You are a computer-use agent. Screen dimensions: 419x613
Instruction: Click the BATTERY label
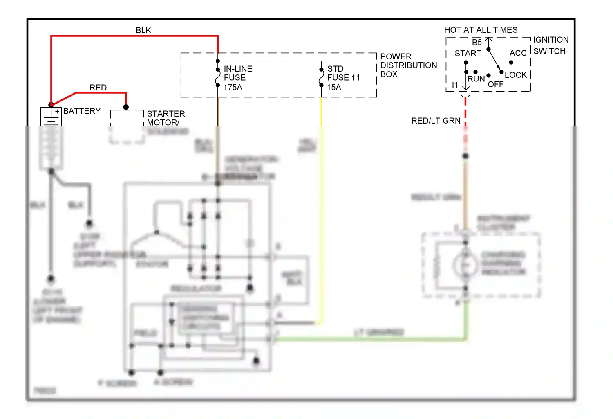pos(82,111)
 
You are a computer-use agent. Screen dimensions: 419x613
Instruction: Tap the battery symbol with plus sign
pos(51,116)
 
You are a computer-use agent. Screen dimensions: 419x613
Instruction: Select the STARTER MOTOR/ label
pos(166,118)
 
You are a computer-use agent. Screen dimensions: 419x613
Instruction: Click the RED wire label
pos(98,88)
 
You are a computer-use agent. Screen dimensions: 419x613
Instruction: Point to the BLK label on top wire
pos(143,30)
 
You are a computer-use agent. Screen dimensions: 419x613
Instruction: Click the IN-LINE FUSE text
pos(238,73)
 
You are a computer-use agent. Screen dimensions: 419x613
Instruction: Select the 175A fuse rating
pos(233,87)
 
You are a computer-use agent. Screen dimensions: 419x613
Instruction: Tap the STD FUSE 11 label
pos(343,73)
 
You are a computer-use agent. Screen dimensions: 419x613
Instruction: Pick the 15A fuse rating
pos(333,87)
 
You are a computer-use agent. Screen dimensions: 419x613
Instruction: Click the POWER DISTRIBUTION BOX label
pos(408,65)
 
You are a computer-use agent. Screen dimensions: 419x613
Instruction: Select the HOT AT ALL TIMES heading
pos(481,30)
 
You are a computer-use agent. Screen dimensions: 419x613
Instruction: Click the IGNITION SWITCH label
pos(550,45)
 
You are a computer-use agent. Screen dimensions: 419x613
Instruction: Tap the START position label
pos(468,54)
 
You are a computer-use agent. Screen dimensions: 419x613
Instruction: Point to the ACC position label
pos(517,53)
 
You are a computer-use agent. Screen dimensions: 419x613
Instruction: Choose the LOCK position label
pos(515,75)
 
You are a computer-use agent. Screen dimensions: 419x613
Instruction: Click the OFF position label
pos(495,84)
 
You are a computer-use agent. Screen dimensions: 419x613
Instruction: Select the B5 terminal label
pos(477,43)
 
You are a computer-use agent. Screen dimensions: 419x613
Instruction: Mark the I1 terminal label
pos(454,85)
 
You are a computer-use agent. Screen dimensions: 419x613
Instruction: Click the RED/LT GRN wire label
pos(436,121)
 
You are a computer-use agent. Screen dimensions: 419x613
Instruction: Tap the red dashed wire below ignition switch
pos(465,113)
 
